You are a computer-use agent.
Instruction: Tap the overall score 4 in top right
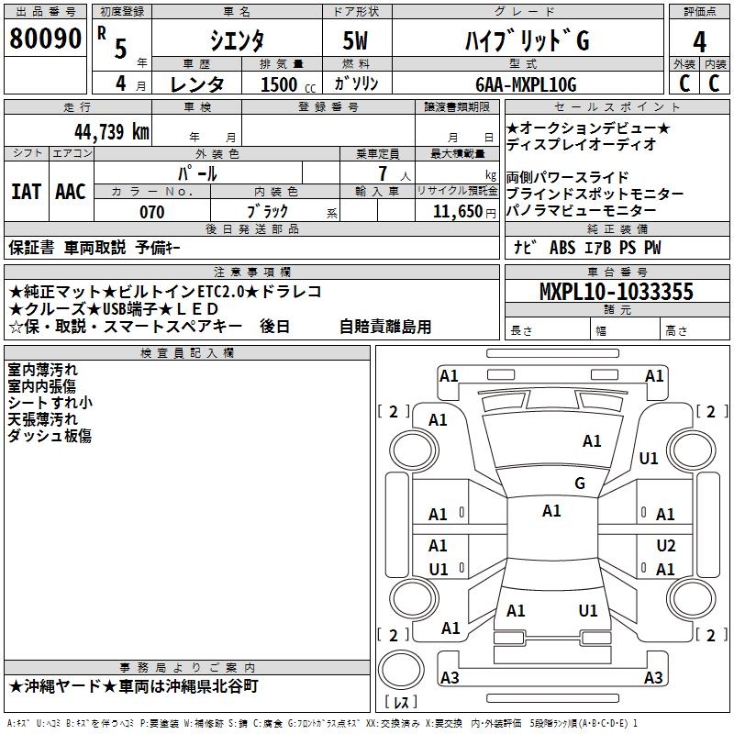[x=700, y=42]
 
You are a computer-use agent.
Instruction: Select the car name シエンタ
[x=236, y=41]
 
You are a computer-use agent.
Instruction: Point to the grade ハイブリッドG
[x=525, y=41]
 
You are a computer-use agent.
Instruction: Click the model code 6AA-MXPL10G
[x=526, y=84]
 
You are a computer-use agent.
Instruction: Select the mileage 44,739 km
[x=111, y=132]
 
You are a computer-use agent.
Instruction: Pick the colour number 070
[x=151, y=212]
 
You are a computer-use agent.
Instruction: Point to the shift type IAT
[x=26, y=192]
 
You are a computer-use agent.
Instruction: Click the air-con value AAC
[x=71, y=192]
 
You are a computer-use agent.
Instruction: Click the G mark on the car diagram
[x=579, y=484]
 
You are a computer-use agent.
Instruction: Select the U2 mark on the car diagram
[x=666, y=545]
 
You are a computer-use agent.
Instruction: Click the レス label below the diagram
[x=403, y=704]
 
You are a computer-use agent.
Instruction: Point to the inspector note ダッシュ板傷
[x=50, y=436]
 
